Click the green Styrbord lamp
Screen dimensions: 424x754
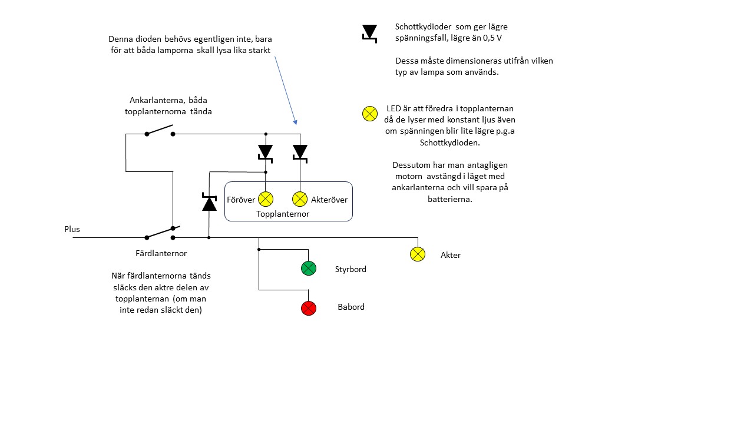[309, 269]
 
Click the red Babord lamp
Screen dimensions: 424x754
[309, 307]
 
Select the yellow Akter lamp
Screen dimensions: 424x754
[418, 254]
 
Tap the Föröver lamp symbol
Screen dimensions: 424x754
[266, 198]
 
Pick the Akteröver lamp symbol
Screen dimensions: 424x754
[300, 198]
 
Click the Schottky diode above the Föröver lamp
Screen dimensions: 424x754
[266, 152]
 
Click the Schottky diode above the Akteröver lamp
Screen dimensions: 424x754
[300, 152]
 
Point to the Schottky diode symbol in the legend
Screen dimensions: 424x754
[369, 33]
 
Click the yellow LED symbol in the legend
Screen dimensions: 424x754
[369, 114]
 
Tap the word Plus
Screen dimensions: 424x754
[72, 229]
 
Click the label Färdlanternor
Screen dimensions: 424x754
[161, 254]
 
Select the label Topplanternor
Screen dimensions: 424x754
[283, 214]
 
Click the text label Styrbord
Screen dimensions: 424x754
[350, 269]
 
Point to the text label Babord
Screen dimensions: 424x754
[351, 307]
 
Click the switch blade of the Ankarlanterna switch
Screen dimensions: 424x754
[160, 130]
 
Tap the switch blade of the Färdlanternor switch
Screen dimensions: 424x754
[160, 233]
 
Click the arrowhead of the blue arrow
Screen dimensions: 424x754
[295, 122]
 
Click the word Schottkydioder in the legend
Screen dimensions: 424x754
[422, 27]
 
